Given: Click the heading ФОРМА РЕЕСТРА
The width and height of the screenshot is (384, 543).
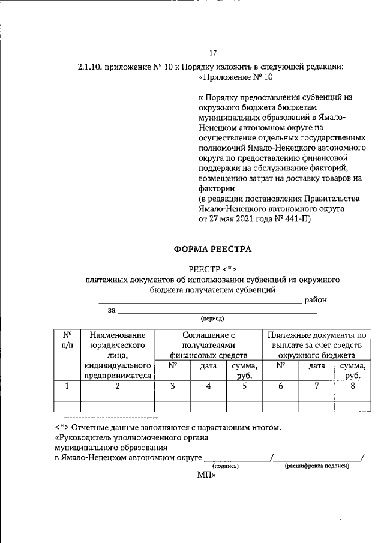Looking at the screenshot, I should pos(213,248).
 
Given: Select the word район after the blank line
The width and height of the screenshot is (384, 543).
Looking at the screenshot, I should pos(316,299).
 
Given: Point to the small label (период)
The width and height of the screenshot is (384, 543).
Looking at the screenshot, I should pos(213,319).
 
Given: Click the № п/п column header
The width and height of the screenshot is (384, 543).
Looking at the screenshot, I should pos(68,340).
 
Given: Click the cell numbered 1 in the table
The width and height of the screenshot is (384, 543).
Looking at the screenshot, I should pos(68,386).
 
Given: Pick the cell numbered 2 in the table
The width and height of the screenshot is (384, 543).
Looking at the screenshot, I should pos(118,386).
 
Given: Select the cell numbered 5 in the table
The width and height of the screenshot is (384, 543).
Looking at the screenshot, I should pos(244,386).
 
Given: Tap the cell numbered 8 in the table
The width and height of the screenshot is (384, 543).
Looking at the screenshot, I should pos(353,386).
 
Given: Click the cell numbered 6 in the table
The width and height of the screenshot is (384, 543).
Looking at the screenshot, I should pos(280,386).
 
